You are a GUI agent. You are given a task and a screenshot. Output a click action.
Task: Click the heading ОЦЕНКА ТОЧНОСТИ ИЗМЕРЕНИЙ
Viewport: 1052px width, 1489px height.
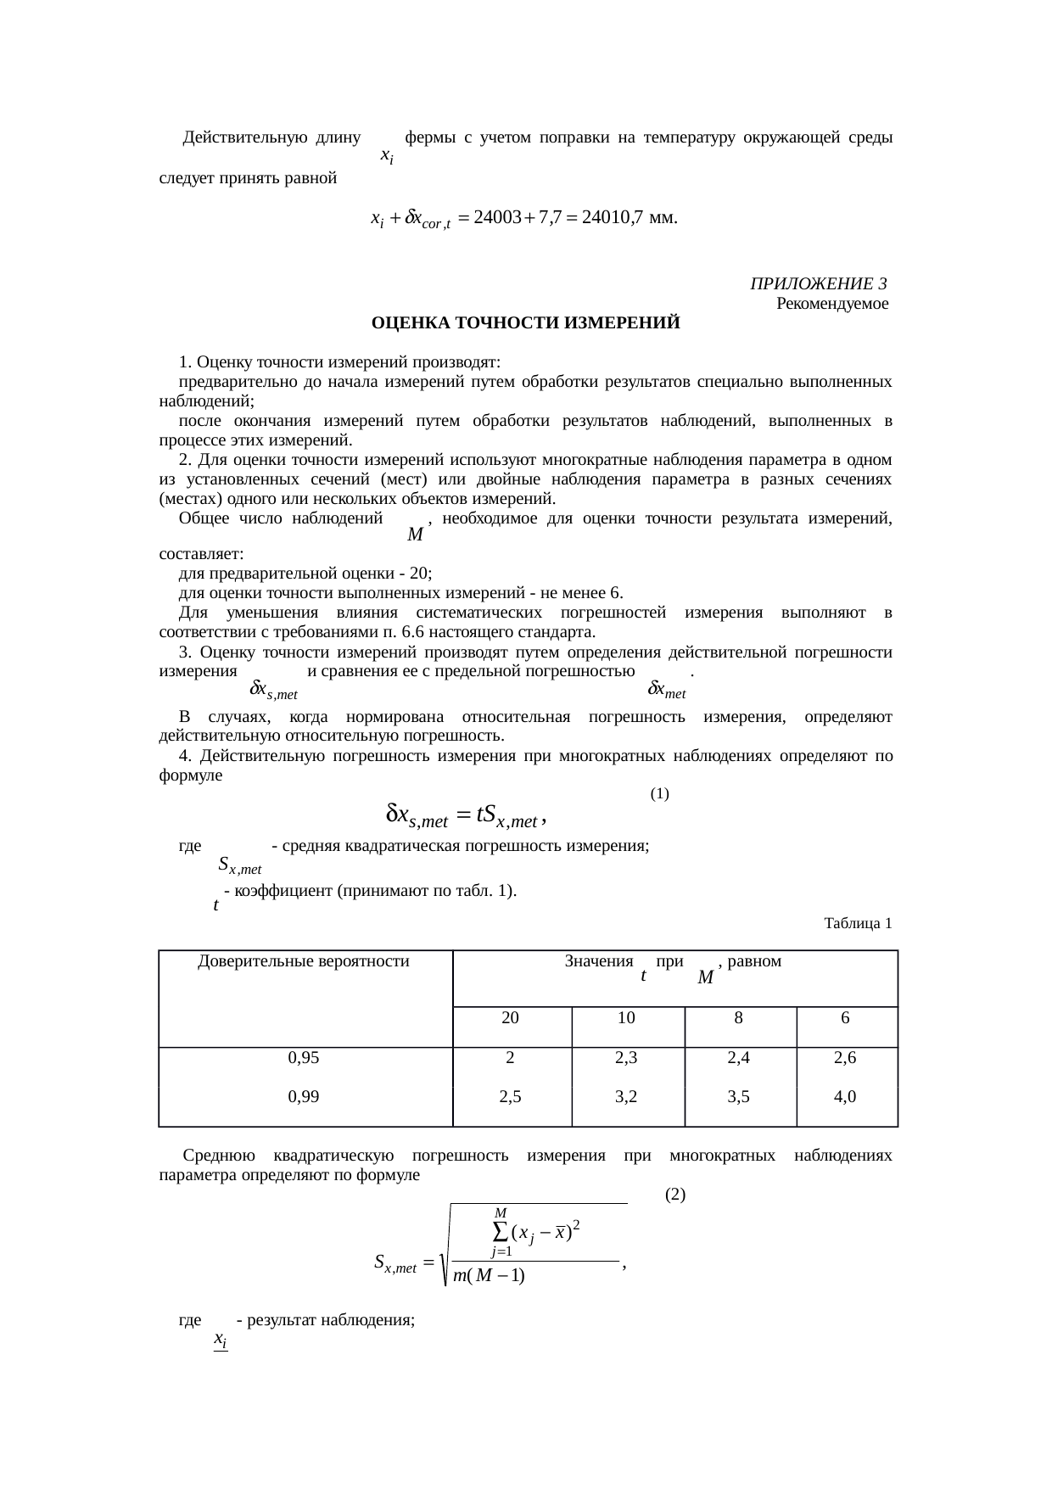[525, 323]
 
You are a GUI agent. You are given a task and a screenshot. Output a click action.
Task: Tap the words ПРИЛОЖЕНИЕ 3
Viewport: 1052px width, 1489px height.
[819, 283]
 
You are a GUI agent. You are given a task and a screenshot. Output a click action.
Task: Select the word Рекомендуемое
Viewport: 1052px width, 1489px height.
[832, 303]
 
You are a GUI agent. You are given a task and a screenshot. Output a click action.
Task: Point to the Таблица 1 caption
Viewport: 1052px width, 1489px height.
[858, 923]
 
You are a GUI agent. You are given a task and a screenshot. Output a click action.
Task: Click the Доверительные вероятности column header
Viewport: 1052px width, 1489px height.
[304, 961]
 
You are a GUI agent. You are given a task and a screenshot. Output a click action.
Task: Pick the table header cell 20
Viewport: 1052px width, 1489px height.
[511, 1018]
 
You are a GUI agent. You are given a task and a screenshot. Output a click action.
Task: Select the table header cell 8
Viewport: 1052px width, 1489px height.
[739, 1018]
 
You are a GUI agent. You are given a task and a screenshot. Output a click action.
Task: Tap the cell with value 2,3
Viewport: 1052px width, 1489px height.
[626, 1058]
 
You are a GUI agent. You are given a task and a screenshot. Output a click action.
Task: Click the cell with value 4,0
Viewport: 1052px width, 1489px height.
[845, 1097]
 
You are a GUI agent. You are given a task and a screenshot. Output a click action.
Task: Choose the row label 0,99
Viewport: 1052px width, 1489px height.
[304, 1097]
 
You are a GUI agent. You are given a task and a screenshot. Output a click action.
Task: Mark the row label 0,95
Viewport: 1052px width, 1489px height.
[304, 1058]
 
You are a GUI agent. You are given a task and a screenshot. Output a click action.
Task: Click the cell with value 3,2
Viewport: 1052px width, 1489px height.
[626, 1097]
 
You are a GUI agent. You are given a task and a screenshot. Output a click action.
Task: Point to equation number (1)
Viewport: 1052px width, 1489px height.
[660, 794]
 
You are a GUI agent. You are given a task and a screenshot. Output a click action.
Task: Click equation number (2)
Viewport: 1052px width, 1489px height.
[675, 1194]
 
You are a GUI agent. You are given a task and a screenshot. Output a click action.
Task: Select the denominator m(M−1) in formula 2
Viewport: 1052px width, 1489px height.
[489, 1275]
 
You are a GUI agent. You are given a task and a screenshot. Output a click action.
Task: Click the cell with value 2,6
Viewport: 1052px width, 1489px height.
[845, 1058]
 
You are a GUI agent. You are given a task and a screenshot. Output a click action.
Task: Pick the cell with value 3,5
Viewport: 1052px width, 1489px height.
[739, 1097]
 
